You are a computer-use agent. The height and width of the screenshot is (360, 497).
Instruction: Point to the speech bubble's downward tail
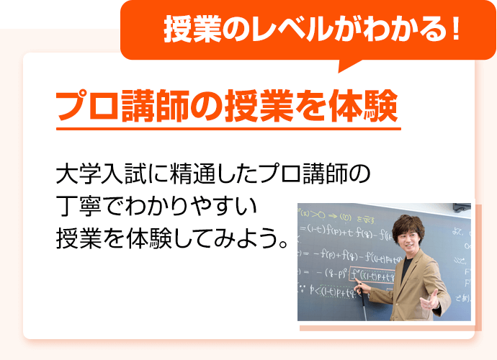tap(351, 66)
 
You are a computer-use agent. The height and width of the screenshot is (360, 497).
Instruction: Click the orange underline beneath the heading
tap(228, 130)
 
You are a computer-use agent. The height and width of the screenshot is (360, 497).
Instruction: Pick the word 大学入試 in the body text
tap(94, 175)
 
